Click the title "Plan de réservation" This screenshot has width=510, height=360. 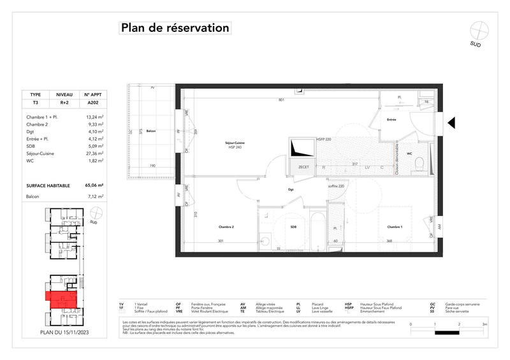[173, 28]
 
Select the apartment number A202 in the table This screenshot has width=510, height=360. [93, 102]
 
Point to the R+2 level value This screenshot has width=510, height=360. [64, 102]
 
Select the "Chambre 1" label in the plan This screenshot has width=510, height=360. [394, 227]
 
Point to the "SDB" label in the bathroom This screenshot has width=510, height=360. [293, 227]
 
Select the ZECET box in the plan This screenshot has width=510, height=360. [303, 166]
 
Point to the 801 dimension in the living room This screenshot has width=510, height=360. [280, 99]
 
